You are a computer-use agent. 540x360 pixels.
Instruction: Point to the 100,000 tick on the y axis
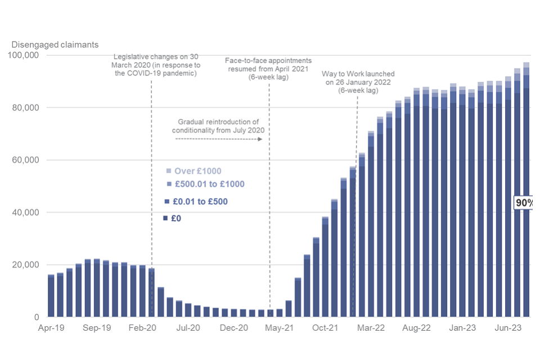coord(24,55)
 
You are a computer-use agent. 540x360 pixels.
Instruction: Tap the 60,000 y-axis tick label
coord(25,160)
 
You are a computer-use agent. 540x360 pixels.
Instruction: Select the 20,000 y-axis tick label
coord(25,265)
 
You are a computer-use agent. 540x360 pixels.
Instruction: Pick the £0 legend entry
coord(175,218)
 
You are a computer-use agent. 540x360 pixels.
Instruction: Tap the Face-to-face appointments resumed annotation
coord(268,69)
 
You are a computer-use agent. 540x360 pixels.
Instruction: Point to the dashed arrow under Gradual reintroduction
coord(219,138)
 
